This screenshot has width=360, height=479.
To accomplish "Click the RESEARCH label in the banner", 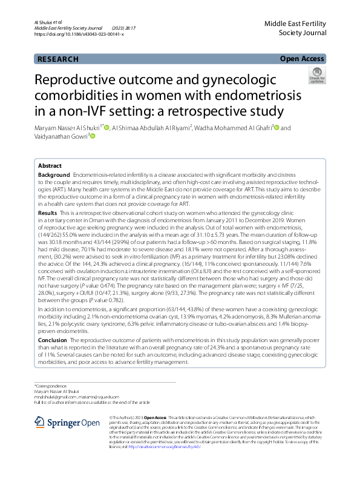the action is pos(57,59).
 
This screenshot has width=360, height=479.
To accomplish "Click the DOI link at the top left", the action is pos(79,35).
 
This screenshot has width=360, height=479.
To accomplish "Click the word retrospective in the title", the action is pos(216,111).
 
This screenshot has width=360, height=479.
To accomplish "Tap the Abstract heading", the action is pos(50,165).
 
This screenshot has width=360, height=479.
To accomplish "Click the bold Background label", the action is pos(54,175).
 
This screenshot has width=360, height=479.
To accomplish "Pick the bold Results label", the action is pos(48,214).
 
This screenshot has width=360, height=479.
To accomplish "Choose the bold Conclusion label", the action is pos(53,340).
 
